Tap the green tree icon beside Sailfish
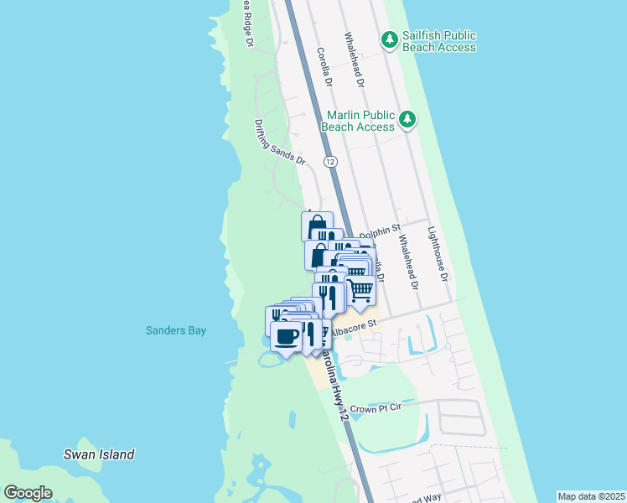point(389,39)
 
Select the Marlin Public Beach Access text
point(360,121)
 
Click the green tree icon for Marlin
point(407,120)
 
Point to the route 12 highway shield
point(330,160)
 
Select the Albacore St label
point(355,333)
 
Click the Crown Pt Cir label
point(376,408)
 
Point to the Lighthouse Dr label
point(438,253)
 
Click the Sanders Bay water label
point(174,330)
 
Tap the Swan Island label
point(99,454)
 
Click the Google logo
point(28,493)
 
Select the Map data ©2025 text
point(591,495)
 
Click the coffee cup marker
point(287,336)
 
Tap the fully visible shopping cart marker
point(360,290)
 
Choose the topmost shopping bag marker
point(317,226)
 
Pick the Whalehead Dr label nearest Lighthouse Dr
point(408,261)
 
